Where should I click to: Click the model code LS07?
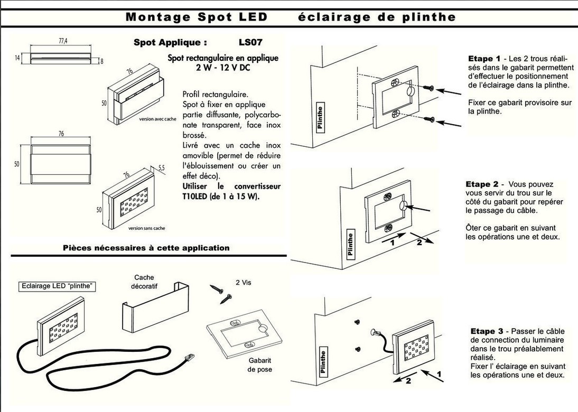pyautogui.click(x=250, y=42)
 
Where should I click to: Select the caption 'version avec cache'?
pyautogui.click(x=157, y=119)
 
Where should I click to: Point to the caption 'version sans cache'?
pyautogui.click(x=146, y=228)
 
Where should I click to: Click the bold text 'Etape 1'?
pyautogui.click(x=484, y=59)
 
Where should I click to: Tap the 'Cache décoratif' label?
pyautogui.click(x=144, y=281)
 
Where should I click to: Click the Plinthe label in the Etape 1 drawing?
pyautogui.click(x=320, y=118)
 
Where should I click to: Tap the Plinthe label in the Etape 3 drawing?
pyautogui.click(x=323, y=362)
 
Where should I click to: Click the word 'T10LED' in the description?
pyautogui.click(x=196, y=196)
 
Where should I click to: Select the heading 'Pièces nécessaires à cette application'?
pyautogui.click(x=146, y=248)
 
